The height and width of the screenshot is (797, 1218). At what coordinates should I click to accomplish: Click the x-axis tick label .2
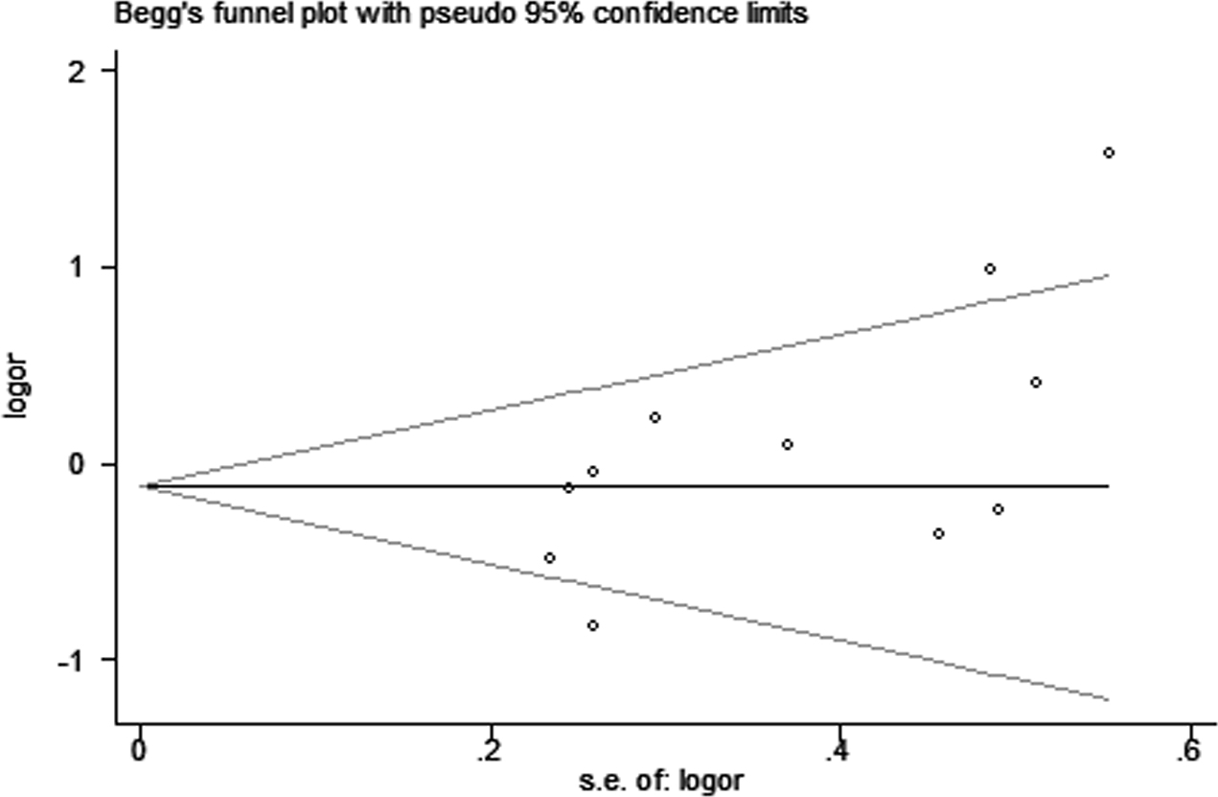(489, 749)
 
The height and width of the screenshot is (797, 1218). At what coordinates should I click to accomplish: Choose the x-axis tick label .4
(838, 749)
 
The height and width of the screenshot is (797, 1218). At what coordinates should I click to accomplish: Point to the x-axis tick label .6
(1186, 749)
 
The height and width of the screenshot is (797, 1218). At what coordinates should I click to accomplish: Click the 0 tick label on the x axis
(140, 749)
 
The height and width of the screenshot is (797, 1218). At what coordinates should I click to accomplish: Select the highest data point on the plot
(1109, 152)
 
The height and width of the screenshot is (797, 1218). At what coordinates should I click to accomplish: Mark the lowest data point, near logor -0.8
(593, 625)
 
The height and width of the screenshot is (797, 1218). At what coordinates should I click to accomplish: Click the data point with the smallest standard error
(549, 557)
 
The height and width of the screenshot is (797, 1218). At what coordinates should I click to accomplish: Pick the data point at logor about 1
(990, 269)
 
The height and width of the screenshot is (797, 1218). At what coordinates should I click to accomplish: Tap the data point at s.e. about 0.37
(787, 444)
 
